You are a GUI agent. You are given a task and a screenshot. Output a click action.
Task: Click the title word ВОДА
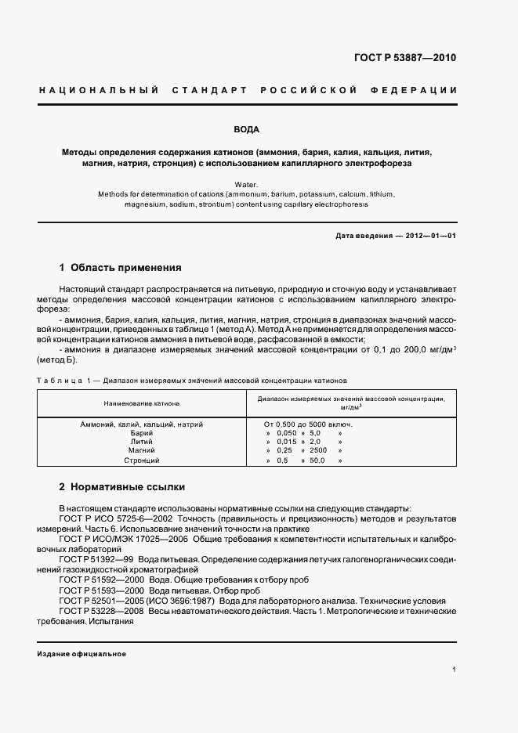247,129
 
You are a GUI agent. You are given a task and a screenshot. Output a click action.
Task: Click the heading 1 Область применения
120,267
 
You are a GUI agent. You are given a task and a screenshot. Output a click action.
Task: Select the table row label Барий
142,432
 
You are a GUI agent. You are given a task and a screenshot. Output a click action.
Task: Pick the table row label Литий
142,442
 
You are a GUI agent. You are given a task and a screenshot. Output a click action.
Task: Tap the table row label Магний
142,451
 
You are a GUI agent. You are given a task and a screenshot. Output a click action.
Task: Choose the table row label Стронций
142,460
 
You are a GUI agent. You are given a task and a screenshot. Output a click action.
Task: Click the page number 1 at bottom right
455,670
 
